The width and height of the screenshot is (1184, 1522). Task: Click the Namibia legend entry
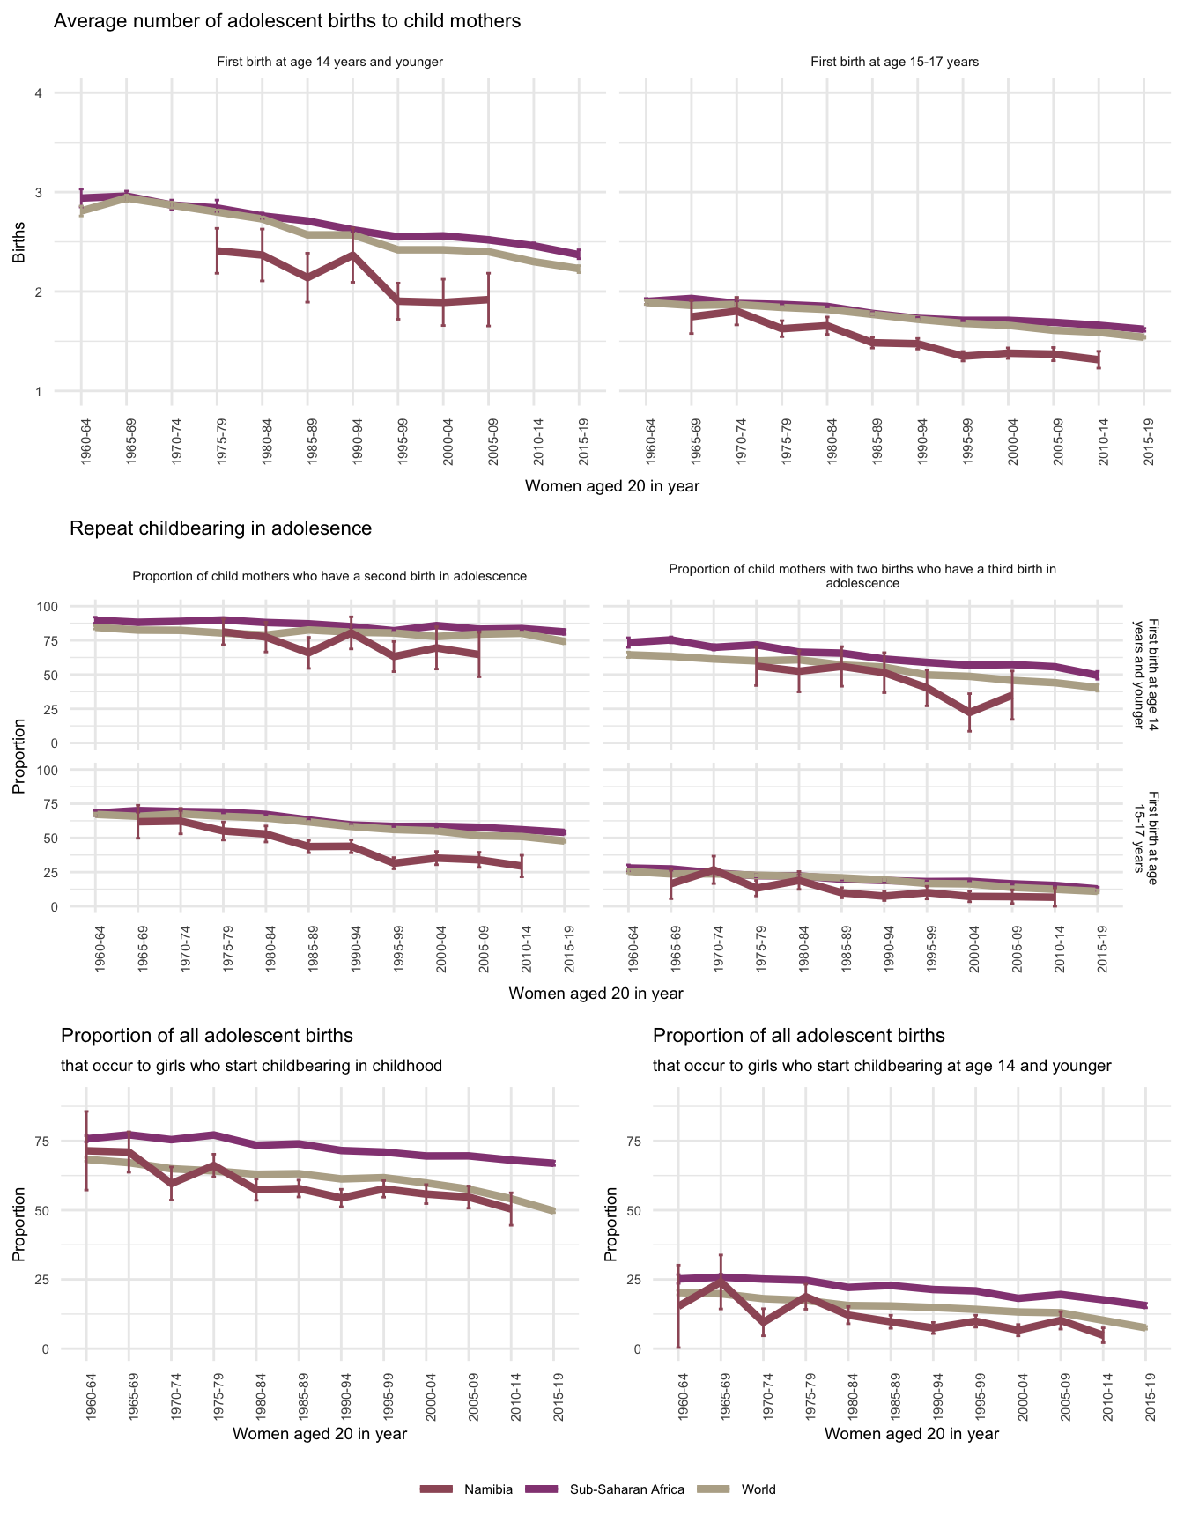[x=488, y=1489]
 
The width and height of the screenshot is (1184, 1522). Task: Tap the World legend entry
[x=758, y=1489]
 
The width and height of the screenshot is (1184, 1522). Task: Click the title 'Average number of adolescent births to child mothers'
[x=287, y=21]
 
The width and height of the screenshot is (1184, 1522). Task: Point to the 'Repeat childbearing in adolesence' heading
[x=220, y=528]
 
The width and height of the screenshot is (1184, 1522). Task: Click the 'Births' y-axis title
[x=19, y=242]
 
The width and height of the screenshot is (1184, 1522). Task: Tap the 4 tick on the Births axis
[x=39, y=93]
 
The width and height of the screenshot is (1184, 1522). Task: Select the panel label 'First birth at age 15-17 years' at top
[x=894, y=63]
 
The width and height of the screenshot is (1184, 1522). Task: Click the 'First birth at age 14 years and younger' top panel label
[x=329, y=63]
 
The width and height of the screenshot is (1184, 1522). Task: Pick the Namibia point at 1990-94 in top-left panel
[x=352, y=255]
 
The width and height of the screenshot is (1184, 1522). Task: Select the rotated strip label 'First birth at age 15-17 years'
[x=1145, y=831]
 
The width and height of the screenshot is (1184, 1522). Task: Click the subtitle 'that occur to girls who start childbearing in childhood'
[x=251, y=1066]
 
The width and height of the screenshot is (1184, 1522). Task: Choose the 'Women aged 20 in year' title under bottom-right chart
[x=912, y=1434]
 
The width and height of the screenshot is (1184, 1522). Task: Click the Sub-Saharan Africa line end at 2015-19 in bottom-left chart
[x=553, y=1163]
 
